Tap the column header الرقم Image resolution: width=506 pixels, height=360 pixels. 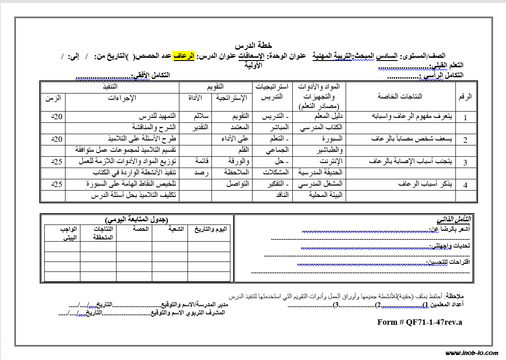(465, 96)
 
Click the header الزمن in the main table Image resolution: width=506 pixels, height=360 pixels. (53, 98)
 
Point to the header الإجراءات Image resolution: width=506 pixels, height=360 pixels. (122, 98)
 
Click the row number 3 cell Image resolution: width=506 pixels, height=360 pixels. (465, 162)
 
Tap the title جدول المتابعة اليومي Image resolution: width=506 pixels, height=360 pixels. (136, 220)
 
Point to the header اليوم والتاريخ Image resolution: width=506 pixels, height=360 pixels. (210, 229)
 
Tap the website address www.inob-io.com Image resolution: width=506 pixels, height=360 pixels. (472, 353)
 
